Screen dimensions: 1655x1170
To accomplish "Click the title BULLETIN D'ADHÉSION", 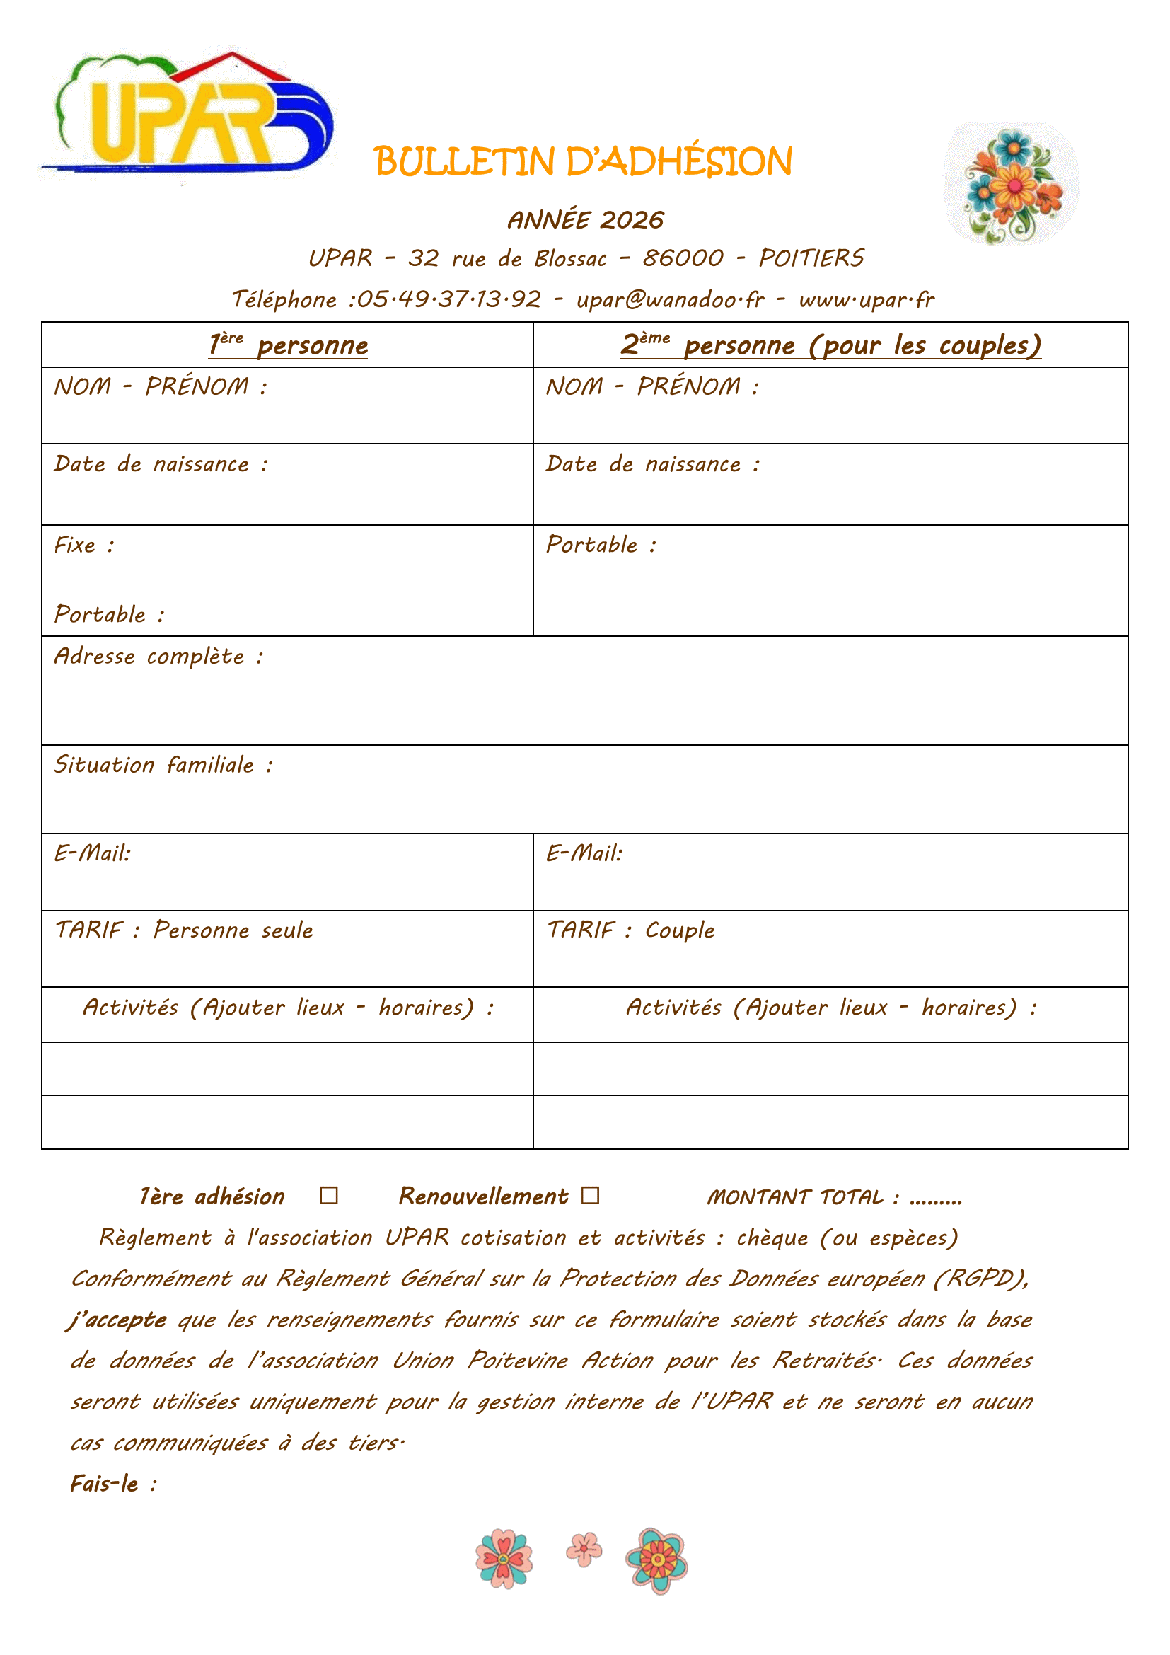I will click(583, 161).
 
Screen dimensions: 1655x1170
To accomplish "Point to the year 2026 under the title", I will click(632, 220).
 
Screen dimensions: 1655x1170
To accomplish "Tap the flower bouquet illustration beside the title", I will click(1012, 184).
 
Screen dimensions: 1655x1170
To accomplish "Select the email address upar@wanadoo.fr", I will click(670, 299).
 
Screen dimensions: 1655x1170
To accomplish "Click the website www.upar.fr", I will click(867, 299).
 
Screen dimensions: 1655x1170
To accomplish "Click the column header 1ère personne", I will click(288, 345).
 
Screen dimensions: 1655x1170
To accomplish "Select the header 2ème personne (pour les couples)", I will click(830, 345).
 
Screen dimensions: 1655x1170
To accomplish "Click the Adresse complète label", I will click(158, 656).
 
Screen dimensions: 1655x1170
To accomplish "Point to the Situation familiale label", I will click(163, 764).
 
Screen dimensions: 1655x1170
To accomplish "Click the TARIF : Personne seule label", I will click(185, 930).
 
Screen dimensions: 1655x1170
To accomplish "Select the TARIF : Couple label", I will click(631, 930).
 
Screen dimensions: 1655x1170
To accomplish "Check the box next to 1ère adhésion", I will click(328, 1196).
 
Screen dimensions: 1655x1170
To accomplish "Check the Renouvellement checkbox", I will click(590, 1196).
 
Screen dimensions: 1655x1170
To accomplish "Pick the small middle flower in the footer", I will click(584, 1549).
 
